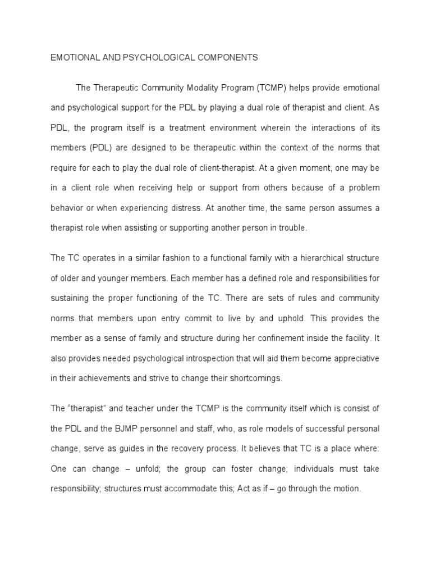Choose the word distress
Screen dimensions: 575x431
224,208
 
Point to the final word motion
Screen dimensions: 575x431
345,489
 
